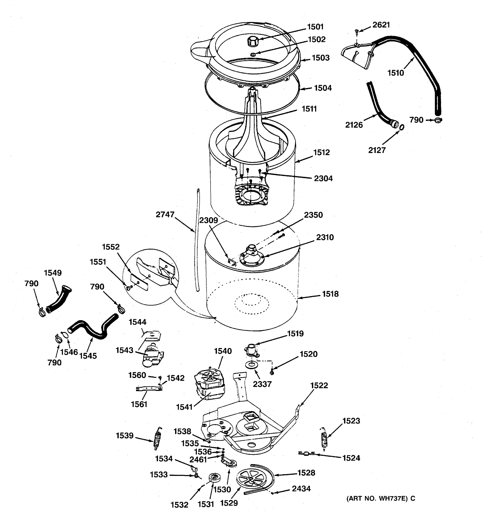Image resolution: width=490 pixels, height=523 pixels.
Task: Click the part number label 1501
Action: (x=315, y=27)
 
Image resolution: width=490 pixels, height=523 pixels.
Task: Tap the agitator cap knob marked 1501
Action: (x=252, y=41)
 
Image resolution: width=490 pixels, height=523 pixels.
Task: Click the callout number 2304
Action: (x=323, y=179)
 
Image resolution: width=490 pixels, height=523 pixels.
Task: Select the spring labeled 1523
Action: (x=324, y=437)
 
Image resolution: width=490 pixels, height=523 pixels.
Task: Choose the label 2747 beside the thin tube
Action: (x=165, y=215)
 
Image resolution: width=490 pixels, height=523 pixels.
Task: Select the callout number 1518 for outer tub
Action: (x=330, y=294)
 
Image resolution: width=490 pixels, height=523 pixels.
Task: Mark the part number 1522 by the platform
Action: (x=319, y=385)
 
